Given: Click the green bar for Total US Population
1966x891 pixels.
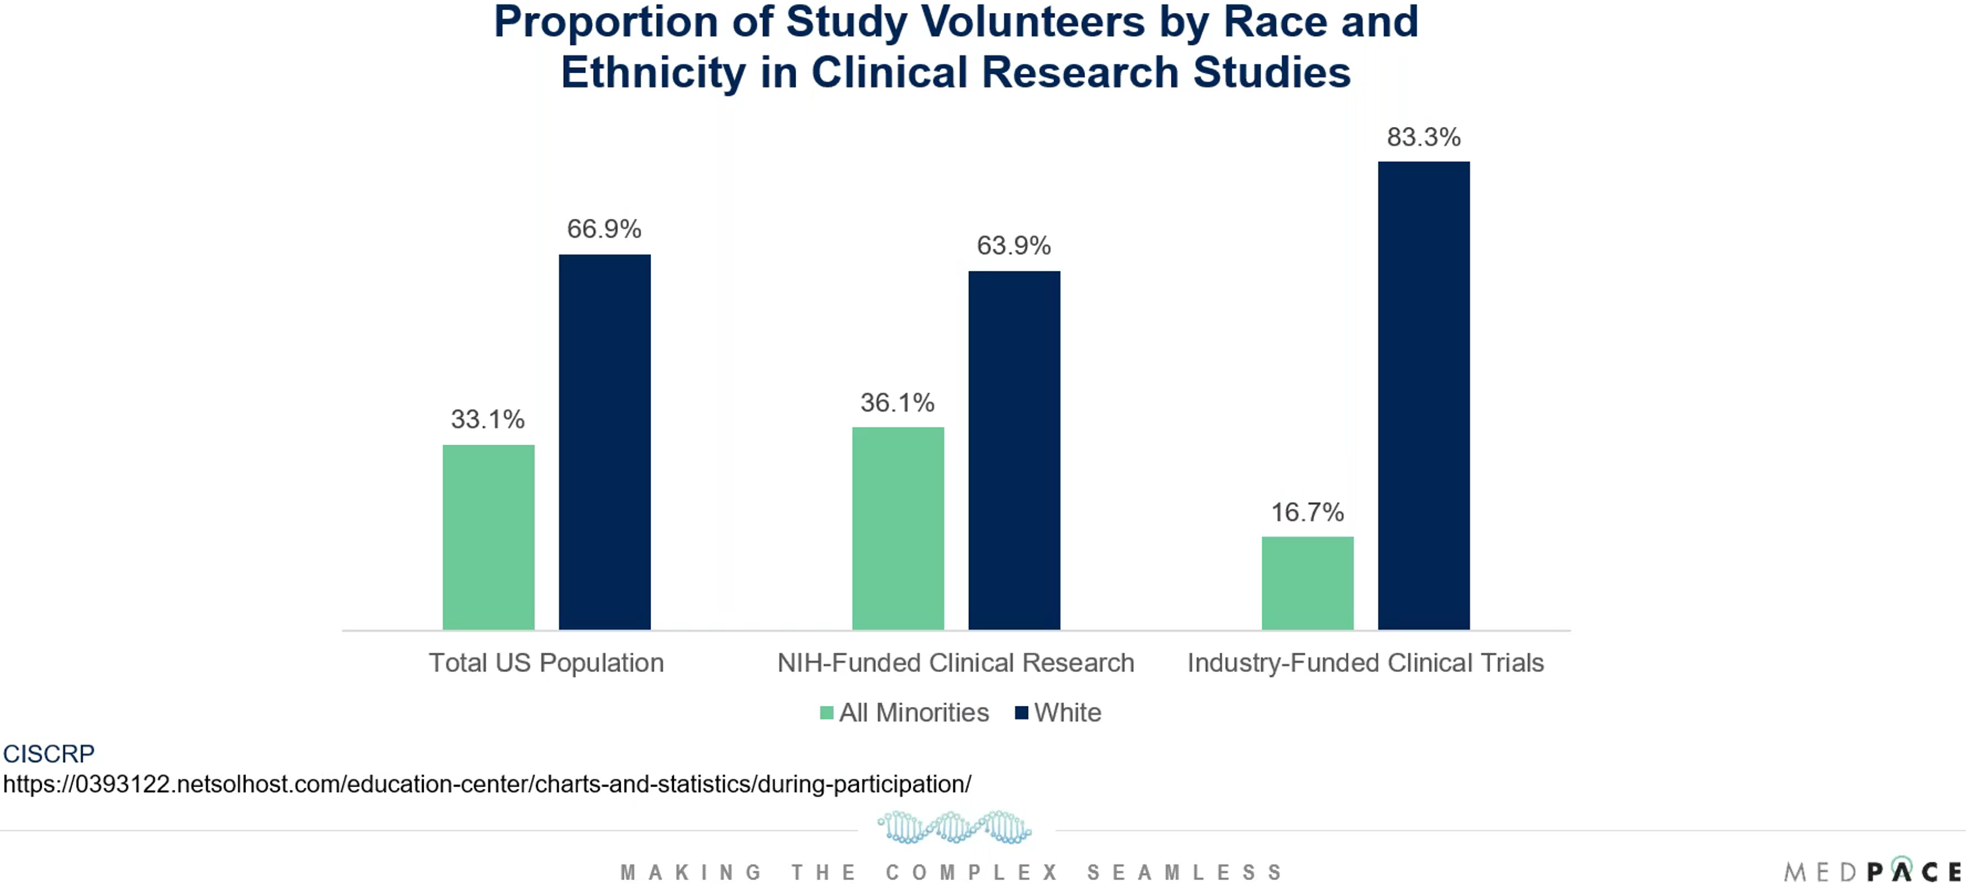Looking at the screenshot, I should click(489, 537).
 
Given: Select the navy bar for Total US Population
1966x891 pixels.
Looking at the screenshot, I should click(605, 442).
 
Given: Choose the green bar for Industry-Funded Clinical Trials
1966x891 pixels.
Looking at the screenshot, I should click(1307, 583).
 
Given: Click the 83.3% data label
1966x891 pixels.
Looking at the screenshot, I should click(1423, 137).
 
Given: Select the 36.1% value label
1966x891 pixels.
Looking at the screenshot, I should click(897, 403).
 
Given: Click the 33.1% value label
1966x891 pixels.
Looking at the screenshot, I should click(488, 420).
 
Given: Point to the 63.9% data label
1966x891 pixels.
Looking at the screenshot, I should click(1013, 246).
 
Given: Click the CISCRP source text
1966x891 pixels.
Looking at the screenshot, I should click(49, 754).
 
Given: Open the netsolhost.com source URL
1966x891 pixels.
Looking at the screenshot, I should click(487, 784).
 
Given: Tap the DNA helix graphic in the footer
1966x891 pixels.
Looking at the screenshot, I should click(954, 827).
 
